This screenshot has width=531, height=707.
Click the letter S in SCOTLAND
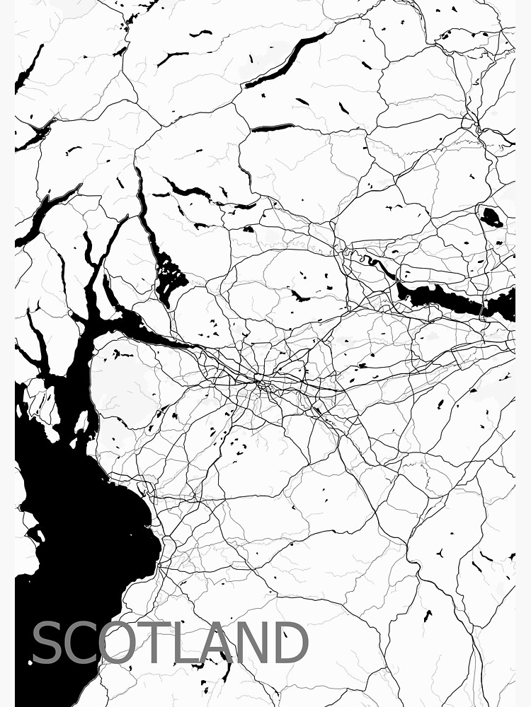pyautogui.click(x=47, y=643)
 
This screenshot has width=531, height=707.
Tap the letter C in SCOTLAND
pyautogui.click(x=82, y=643)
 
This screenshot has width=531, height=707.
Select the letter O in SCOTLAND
pyautogui.click(x=122, y=643)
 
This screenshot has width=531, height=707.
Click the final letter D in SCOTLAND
pyautogui.click(x=291, y=643)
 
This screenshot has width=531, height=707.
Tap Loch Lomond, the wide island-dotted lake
pyautogui.click(x=169, y=272)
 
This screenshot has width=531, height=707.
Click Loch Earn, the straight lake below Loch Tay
pyautogui.click(x=273, y=128)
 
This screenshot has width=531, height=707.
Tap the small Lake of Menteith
pyautogui.click(x=249, y=229)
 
